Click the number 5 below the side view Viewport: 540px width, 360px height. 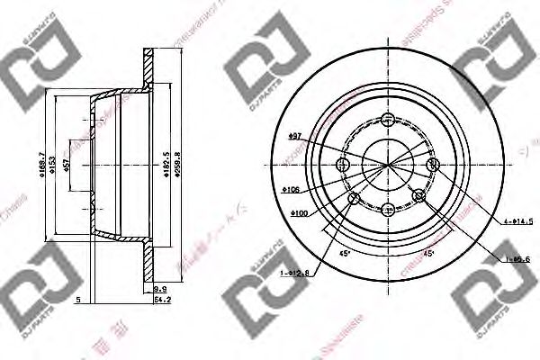(x=79, y=299)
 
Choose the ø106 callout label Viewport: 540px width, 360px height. (x=290, y=190)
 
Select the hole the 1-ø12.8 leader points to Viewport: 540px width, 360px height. (x=354, y=197)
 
